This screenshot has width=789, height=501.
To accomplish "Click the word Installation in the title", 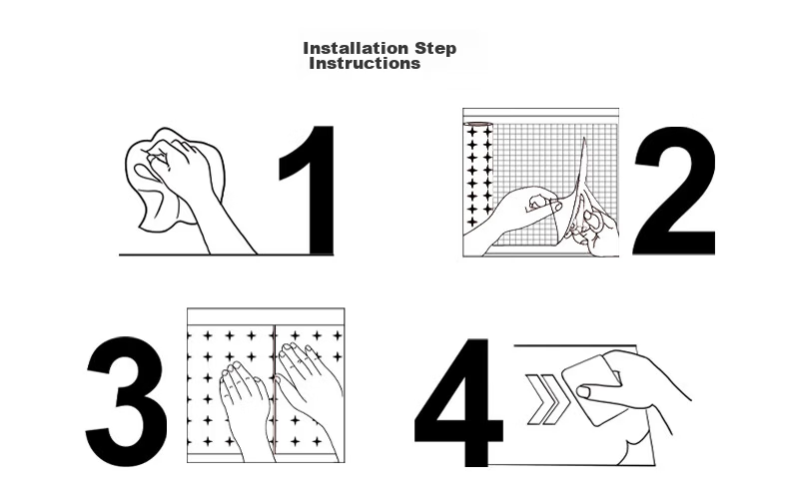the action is [x=356, y=48].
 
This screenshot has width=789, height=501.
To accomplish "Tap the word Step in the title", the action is [x=435, y=49].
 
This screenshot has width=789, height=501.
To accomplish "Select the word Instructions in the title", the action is [x=365, y=64].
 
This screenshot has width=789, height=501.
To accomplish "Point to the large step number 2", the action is [x=675, y=192].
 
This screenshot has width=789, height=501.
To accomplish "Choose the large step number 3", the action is [x=126, y=401].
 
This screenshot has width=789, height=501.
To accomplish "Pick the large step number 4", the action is [x=457, y=402].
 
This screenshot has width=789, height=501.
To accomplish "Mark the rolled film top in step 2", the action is [x=478, y=124].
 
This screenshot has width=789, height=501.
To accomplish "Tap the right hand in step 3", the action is [x=307, y=392].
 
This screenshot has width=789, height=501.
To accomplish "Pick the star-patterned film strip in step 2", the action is [x=478, y=176].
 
